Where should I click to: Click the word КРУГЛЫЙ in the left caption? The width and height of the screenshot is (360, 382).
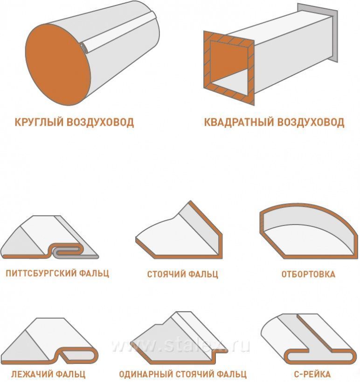tap(39, 122)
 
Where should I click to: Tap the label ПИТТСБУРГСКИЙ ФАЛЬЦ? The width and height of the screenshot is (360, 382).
tap(57, 273)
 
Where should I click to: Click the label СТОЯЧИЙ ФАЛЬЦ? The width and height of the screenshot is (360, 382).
tap(183, 274)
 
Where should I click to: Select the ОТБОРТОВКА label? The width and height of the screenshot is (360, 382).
tap(308, 274)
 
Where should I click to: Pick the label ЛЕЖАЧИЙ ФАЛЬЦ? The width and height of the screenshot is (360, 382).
tap(48, 374)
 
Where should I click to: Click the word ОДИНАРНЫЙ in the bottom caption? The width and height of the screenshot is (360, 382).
tap(146, 374)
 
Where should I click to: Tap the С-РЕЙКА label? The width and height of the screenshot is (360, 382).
tap(312, 374)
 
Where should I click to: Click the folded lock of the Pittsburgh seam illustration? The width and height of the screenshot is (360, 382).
tap(67, 251)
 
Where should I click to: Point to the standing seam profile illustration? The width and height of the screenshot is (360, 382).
tap(179, 232)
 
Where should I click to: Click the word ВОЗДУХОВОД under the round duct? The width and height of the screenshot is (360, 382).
tap(100, 122)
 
